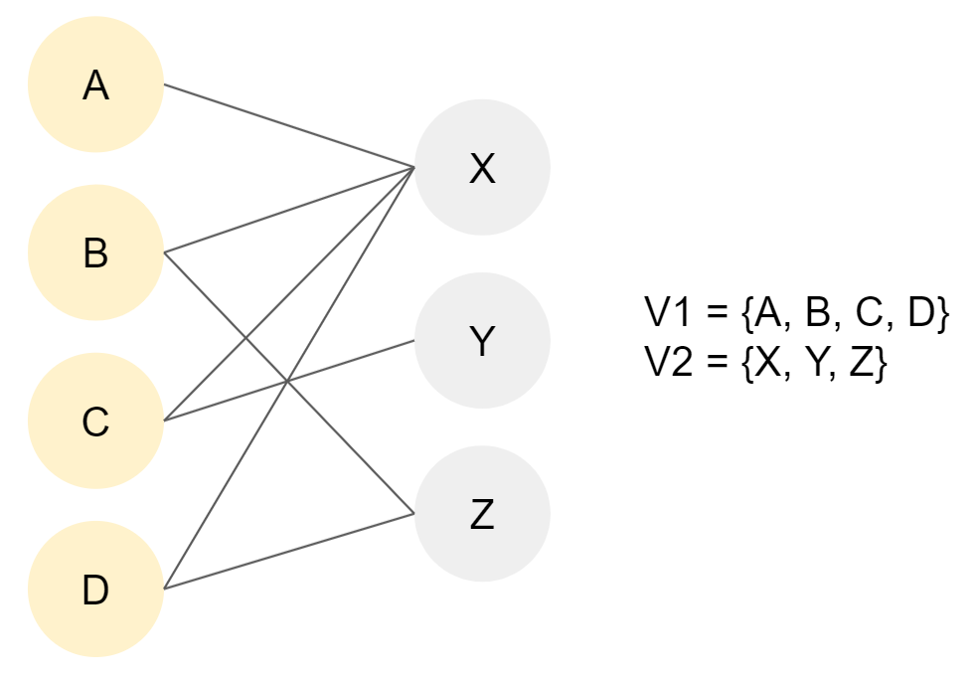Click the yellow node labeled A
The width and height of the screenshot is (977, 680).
pyautogui.click(x=95, y=85)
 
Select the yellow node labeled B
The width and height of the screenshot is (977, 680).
pyautogui.click(x=95, y=254)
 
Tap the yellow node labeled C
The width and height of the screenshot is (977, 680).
pyautogui.click(x=95, y=423)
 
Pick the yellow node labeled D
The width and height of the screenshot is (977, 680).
pyautogui.click(x=95, y=591)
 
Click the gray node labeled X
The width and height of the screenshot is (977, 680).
pyautogui.click(x=482, y=169)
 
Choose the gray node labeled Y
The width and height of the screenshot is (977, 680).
pyautogui.click(x=482, y=341)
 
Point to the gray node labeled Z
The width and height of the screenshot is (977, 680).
pyautogui.click(x=482, y=515)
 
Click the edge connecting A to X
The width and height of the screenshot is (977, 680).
pyautogui.click(x=288, y=125)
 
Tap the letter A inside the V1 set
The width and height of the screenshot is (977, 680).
pyautogui.click(x=768, y=315)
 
